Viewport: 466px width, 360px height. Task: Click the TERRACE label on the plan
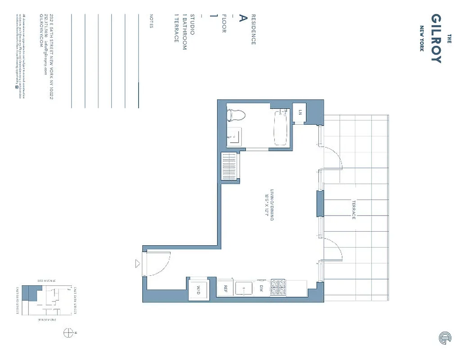tap(354, 210)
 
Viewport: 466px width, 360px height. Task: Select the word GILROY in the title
tap(436, 39)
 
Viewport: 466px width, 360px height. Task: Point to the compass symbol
tap(68, 333)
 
